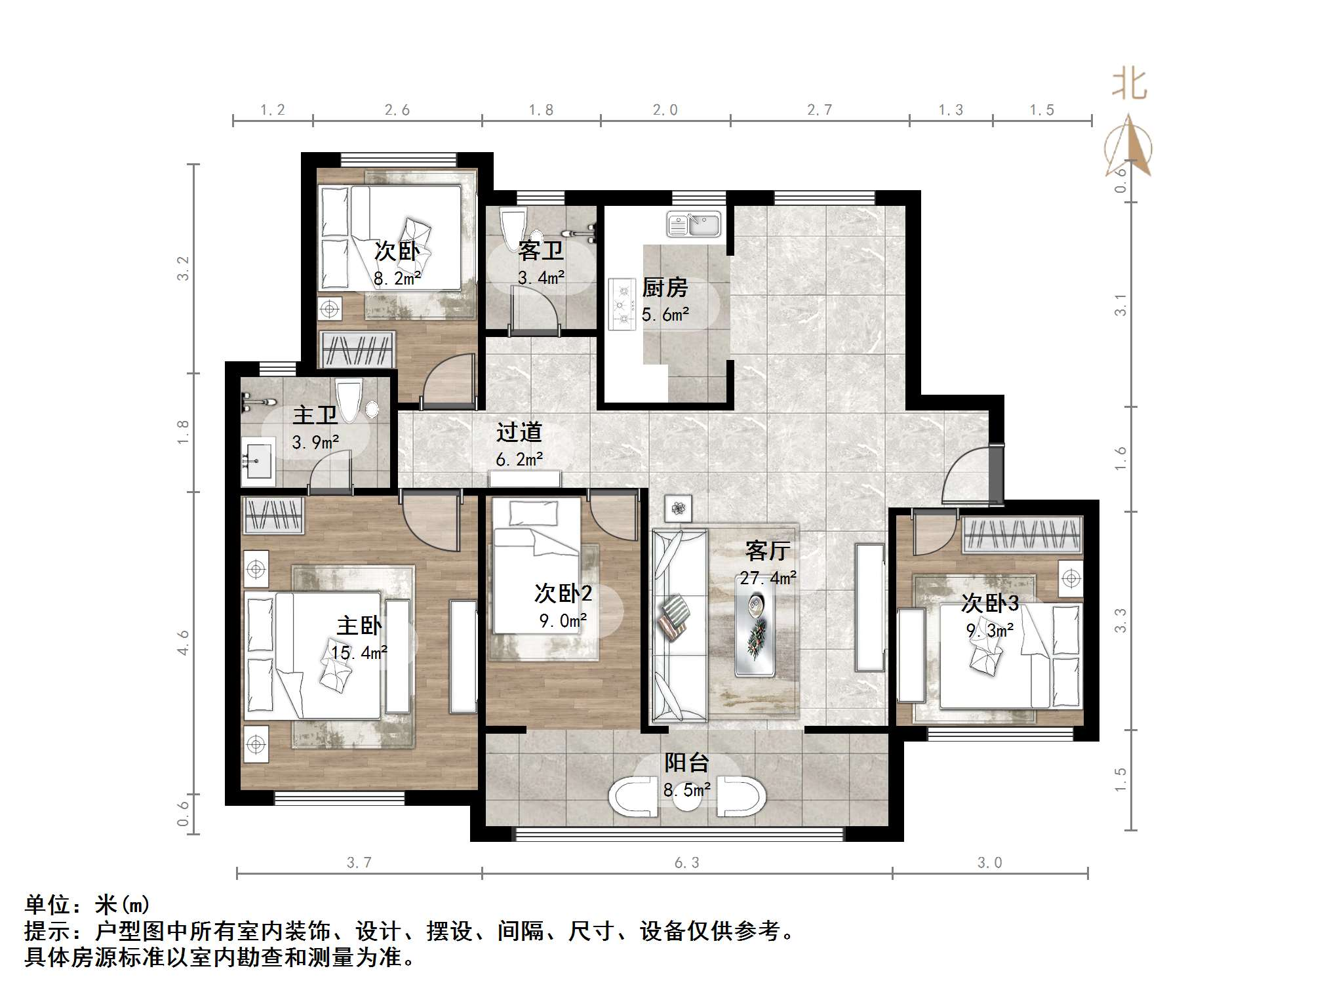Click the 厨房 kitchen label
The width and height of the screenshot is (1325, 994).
665,287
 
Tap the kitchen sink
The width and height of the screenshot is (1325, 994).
694,224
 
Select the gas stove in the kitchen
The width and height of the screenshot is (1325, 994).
622,304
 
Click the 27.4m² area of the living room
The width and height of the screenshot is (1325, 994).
768,578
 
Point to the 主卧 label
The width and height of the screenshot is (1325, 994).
359,626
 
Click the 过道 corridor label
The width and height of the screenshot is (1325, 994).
519,432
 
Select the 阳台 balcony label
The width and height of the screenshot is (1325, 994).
686,763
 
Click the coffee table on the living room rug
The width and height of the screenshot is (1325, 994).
755,626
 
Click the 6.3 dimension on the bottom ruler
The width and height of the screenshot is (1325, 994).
686,863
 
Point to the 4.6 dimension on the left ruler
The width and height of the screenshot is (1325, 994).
183,643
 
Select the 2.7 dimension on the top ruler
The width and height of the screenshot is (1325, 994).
819,110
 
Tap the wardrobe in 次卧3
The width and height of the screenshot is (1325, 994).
1021,534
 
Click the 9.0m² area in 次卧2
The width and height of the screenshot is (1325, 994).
563,620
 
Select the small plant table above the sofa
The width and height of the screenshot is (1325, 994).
678,507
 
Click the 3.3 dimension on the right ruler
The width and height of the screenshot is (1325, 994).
1120,620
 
